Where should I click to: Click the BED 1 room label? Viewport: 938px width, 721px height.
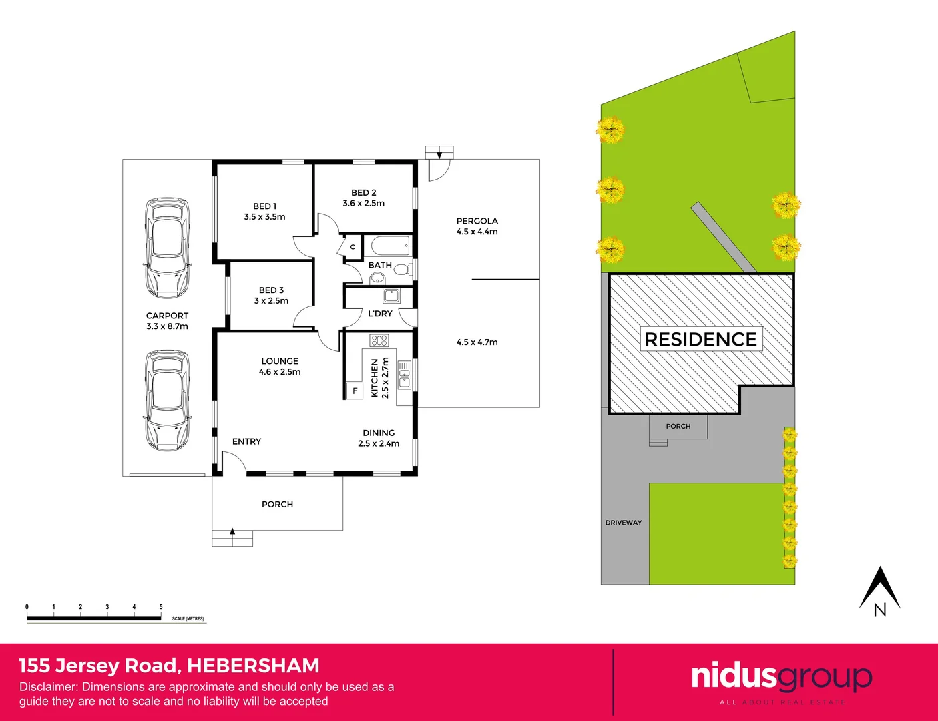pyautogui.click(x=264, y=206)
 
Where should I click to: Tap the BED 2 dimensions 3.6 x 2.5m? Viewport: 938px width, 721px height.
pyautogui.click(x=364, y=203)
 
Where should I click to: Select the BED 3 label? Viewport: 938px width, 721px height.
pyautogui.click(x=271, y=290)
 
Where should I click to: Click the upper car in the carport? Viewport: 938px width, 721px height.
pyautogui.click(x=167, y=248)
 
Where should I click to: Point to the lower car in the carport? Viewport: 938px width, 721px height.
pyautogui.click(x=167, y=400)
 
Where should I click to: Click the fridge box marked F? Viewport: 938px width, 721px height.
pyautogui.click(x=355, y=391)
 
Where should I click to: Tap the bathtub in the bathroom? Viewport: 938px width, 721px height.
pyautogui.click(x=390, y=246)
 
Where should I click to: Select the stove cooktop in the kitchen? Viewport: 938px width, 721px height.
pyautogui.click(x=379, y=340)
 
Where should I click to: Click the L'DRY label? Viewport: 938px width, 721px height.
pyautogui.click(x=380, y=314)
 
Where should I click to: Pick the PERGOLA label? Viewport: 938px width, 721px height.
pyautogui.click(x=477, y=221)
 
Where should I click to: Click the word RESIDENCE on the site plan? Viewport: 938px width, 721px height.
pyautogui.click(x=700, y=339)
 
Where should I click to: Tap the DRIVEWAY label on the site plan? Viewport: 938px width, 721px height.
pyautogui.click(x=624, y=523)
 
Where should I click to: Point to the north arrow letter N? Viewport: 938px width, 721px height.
pyautogui.click(x=880, y=610)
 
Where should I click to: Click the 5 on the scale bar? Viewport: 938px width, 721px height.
pyautogui.click(x=161, y=607)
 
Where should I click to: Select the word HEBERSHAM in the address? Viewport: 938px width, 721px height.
pyautogui.click(x=253, y=666)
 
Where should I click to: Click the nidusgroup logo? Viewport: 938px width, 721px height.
pyautogui.click(x=781, y=678)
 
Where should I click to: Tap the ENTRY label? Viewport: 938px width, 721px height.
pyautogui.click(x=246, y=441)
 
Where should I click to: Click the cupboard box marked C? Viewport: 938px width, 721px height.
pyautogui.click(x=353, y=247)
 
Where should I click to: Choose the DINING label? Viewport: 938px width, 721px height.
pyautogui.click(x=379, y=433)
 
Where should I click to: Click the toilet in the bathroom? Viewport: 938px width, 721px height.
pyautogui.click(x=401, y=270)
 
